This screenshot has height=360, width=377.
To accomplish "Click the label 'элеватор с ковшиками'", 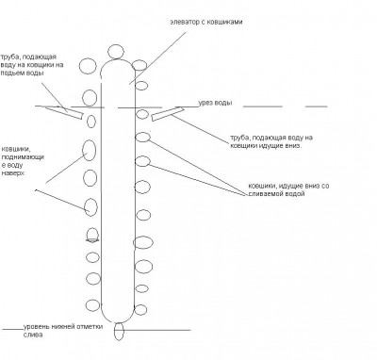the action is coord(206,22).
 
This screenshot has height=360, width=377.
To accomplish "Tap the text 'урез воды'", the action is coord(216,103).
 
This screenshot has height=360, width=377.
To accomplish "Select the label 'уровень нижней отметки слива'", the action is coord(63,331).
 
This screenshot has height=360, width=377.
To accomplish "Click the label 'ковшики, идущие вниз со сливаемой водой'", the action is coord(288,189).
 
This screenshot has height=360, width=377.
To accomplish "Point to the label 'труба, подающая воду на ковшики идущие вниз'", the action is coord(271,141).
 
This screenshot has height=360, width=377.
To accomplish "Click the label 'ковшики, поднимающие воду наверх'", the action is coord(23,160).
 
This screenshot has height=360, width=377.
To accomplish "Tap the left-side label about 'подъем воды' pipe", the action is coord(32,65).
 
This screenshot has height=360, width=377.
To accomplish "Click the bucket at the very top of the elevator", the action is coord(116,52).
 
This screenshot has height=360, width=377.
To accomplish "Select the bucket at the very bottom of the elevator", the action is coord(119,332).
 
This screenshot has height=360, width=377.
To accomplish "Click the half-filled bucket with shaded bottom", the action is coord(92,235).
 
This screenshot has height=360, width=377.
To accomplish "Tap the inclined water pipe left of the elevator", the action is coord(64,112).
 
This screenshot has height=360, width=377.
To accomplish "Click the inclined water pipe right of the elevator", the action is coord(168,113).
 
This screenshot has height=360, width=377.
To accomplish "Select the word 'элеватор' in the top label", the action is coord(184,23).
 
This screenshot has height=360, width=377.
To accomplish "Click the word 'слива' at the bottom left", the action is coord(33,335).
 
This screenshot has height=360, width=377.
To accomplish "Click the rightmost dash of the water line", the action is coord(317,106).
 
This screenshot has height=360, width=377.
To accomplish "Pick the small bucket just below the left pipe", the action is coord(91,122).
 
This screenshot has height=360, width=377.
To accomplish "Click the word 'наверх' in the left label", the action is coord(13,173).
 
